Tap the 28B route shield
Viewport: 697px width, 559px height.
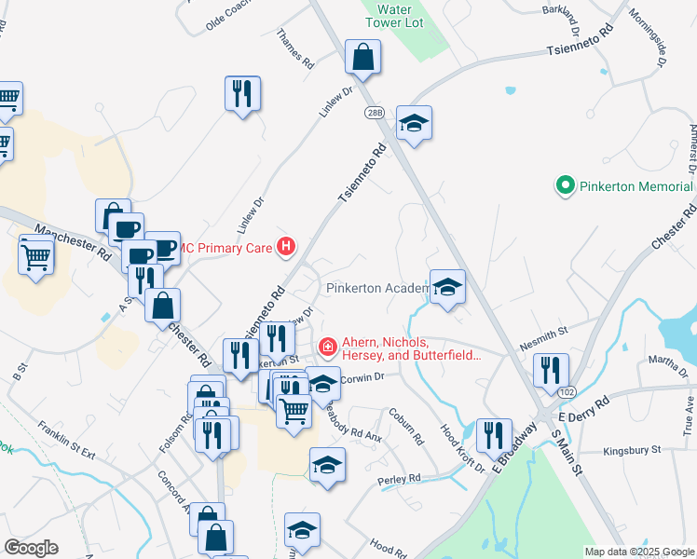[x=374, y=113]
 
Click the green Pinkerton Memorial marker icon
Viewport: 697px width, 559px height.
[x=563, y=186]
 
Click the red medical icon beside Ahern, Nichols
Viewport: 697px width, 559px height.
[x=327, y=348]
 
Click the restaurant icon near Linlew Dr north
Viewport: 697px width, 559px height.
[x=242, y=93]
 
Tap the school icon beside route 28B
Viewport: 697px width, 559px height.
[x=413, y=124]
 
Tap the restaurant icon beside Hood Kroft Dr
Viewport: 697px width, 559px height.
[x=494, y=434]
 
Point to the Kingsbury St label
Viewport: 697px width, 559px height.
[x=631, y=450]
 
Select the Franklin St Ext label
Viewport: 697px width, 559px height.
[x=67, y=441]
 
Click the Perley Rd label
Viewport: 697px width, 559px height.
[x=400, y=479]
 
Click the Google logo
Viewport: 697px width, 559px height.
[x=31, y=547]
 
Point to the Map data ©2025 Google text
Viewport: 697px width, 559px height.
[x=638, y=552]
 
